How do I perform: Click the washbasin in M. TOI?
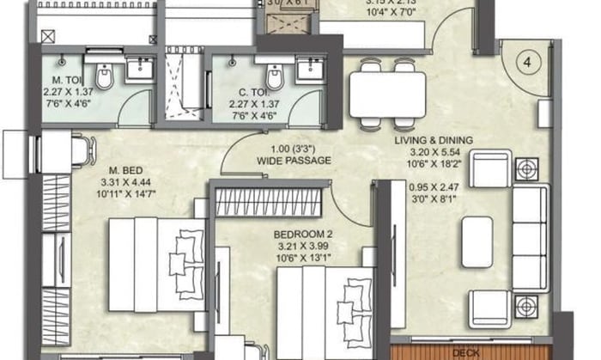pyautogui.click(x=138, y=70)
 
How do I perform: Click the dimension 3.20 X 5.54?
pyautogui.click(x=435, y=154)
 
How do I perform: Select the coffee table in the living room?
pyautogui.click(x=477, y=241)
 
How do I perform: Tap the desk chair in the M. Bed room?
pyautogui.click(x=78, y=151)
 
